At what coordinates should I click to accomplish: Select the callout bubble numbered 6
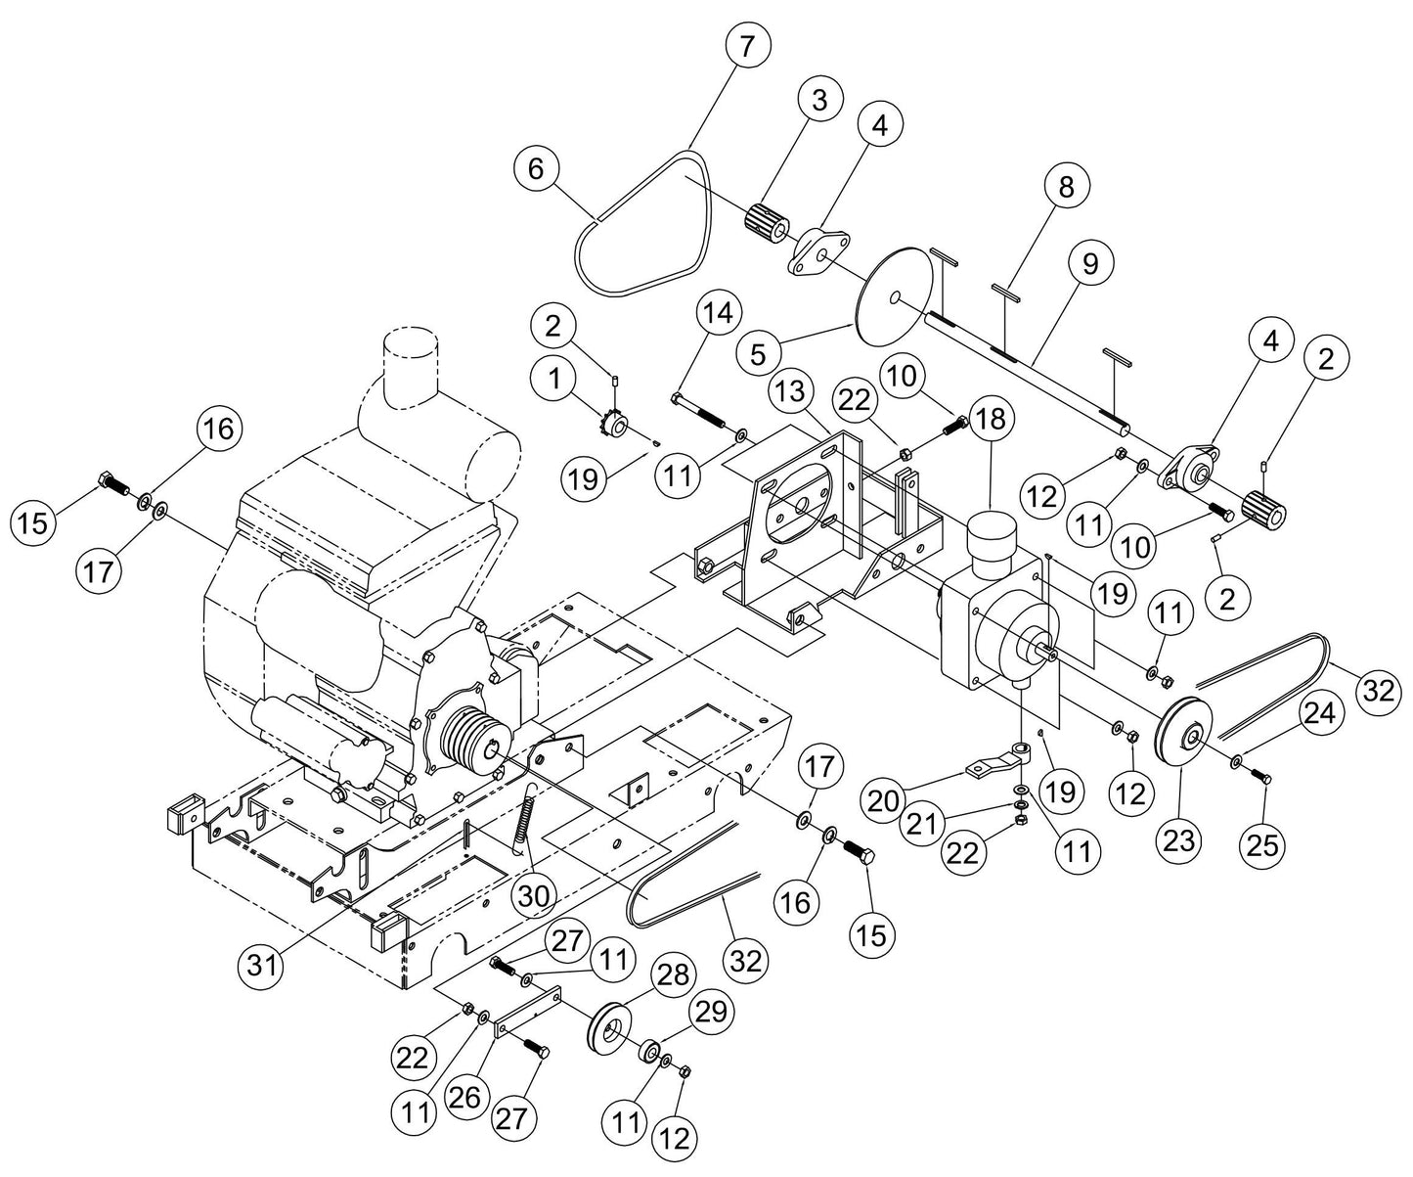point(536,169)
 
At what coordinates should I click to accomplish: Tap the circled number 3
point(818,99)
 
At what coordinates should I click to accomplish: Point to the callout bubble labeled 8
point(1066,186)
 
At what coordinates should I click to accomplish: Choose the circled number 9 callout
point(1090,263)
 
